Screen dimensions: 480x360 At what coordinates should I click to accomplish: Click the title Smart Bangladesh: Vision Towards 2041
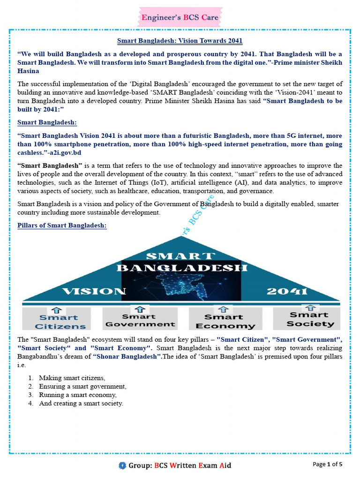coord(180,41)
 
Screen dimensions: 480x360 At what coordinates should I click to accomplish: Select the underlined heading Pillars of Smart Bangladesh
coord(62,225)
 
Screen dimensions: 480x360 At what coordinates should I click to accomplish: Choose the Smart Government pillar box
coord(140,318)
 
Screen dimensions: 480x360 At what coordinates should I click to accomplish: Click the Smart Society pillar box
coord(310,318)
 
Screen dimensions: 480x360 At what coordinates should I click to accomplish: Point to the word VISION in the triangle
coord(94,291)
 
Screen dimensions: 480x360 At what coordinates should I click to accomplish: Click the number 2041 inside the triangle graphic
coord(286,291)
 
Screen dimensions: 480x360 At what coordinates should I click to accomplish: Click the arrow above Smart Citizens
coord(57,309)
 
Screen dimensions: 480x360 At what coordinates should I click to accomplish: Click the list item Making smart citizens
coord(72,378)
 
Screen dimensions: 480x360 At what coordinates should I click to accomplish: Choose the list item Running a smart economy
coord(78,395)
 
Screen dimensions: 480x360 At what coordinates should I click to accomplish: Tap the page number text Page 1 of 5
coord(328,464)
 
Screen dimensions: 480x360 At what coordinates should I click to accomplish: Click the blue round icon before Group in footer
coord(122,465)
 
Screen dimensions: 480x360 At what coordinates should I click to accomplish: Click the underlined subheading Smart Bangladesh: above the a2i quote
coord(47,122)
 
